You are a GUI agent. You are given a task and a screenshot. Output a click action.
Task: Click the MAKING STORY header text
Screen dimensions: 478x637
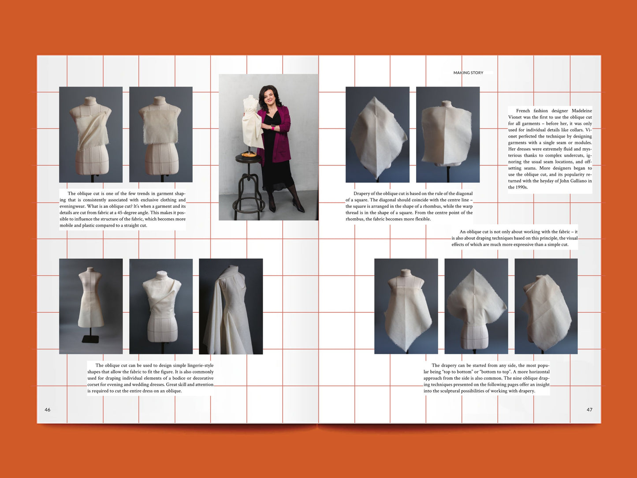[468, 73]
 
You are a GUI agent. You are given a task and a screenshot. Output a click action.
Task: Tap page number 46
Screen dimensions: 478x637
[48, 410]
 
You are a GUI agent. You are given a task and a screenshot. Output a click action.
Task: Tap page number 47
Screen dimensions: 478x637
[589, 410]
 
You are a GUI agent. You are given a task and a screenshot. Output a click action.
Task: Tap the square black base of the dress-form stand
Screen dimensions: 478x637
[90, 339]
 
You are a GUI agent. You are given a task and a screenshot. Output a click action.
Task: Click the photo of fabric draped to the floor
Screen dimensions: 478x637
[231, 306]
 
